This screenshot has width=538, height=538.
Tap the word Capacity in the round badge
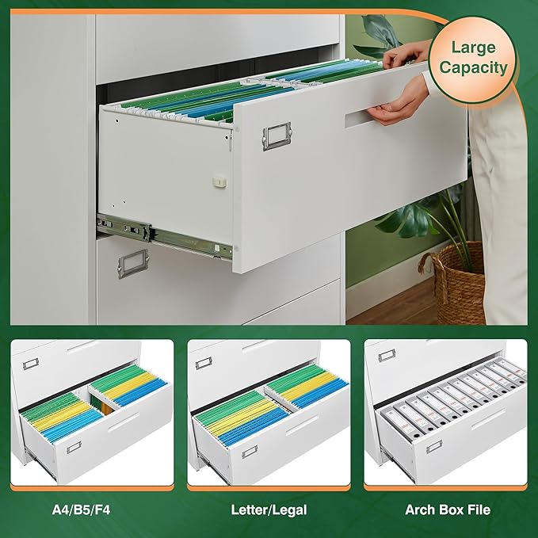(475, 67)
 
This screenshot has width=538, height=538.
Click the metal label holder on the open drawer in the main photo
(277, 135)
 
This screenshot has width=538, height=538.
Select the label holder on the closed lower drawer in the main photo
(133, 263)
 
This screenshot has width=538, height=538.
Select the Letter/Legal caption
(269, 509)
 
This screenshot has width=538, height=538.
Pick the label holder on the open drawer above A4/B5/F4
(74, 448)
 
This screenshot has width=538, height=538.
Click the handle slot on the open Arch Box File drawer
(483, 420)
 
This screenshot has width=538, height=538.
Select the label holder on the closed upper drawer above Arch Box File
(387, 355)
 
